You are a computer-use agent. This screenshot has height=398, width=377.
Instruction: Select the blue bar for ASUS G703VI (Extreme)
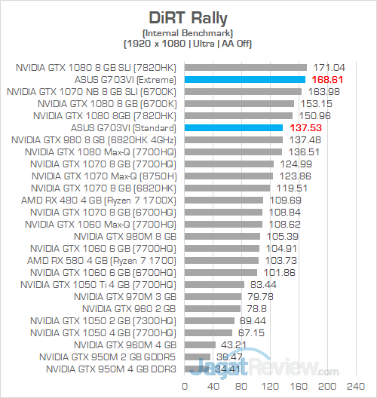pyautogui.click(x=244, y=79)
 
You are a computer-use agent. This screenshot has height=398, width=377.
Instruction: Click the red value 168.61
pyautogui.click(x=329, y=79)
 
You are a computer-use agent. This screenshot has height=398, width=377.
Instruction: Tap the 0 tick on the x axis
pyautogui.click(x=183, y=384)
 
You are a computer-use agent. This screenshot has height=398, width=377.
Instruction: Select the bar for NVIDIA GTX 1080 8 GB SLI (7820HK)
pyautogui.click(x=246, y=67)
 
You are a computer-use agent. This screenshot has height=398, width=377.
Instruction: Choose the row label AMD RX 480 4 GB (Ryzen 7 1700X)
pyautogui.click(x=101, y=200)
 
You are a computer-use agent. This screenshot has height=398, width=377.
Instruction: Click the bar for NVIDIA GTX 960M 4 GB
pyautogui.click(x=199, y=344)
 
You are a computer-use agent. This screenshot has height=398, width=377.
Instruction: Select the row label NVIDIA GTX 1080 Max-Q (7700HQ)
pyautogui.click(x=100, y=152)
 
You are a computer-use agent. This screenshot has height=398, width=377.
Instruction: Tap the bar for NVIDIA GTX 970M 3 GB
pyautogui.click(x=213, y=296)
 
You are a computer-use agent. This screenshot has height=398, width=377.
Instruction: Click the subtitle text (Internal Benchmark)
pyautogui.click(x=188, y=32)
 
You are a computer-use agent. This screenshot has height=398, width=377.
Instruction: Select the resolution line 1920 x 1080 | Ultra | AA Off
pyautogui.click(x=188, y=43)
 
